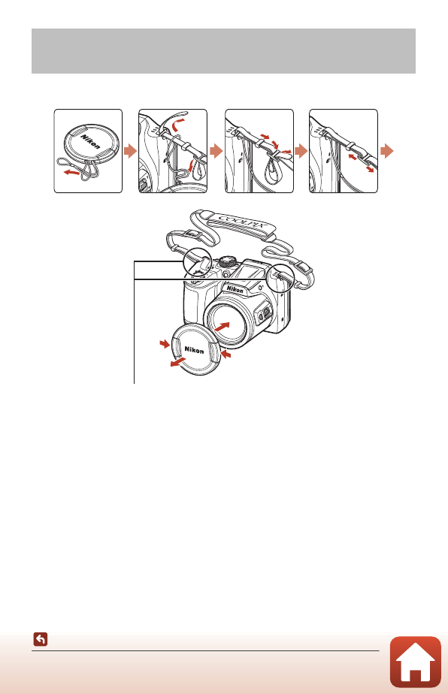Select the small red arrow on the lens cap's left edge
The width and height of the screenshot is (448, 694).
tap(165, 343)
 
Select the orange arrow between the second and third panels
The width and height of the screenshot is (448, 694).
tap(216, 152)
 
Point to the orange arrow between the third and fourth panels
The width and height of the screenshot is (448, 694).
tap(302, 152)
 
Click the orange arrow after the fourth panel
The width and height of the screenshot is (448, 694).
tap(388, 152)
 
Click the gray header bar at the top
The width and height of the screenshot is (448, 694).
tap(223, 51)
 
